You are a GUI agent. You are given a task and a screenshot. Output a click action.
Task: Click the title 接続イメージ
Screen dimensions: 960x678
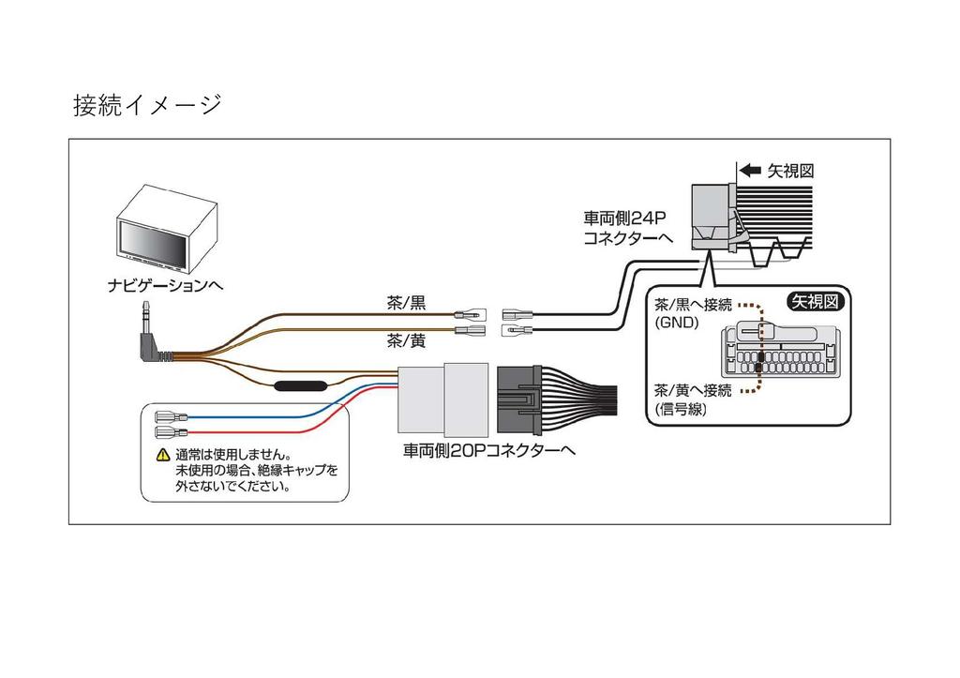[x=147, y=105]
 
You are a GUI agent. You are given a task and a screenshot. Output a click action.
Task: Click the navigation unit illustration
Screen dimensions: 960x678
[x=167, y=229]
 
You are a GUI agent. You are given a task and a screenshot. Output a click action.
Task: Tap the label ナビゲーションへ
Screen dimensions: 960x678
[x=165, y=285]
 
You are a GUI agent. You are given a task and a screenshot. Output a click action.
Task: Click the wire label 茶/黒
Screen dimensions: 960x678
[x=406, y=303]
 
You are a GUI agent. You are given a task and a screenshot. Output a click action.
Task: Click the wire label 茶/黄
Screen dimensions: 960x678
[x=406, y=340]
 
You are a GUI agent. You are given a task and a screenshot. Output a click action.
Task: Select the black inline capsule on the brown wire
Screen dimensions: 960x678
[x=300, y=385]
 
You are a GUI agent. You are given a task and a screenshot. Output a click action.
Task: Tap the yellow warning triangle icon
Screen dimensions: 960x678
[x=163, y=455]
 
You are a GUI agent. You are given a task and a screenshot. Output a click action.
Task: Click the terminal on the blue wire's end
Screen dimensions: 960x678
[x=172, y=417]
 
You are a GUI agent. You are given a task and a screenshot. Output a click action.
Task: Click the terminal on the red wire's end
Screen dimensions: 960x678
[x=172, y=433]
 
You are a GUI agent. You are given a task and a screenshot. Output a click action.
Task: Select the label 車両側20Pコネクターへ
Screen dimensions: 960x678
[x=489, y=451]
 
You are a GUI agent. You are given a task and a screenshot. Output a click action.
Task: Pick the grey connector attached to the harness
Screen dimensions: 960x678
[x=442, y=399]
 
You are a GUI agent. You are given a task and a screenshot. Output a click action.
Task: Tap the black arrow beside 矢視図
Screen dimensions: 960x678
[x=750, y=171]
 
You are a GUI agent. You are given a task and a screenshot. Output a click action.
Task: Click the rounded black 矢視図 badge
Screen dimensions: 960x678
[x=815, y=301]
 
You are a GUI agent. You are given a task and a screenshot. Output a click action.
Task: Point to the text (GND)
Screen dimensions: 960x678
[x=677, y=323]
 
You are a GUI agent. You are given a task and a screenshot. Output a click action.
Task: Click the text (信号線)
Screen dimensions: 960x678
[x=681, y=409]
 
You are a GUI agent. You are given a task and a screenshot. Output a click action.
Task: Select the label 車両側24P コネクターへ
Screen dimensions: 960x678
[x=627, y=228]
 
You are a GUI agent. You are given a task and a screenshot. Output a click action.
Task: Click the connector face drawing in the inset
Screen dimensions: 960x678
[x=777, y=351]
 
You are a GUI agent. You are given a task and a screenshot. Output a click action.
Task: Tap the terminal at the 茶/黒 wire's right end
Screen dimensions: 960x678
[x=470, y=315]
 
